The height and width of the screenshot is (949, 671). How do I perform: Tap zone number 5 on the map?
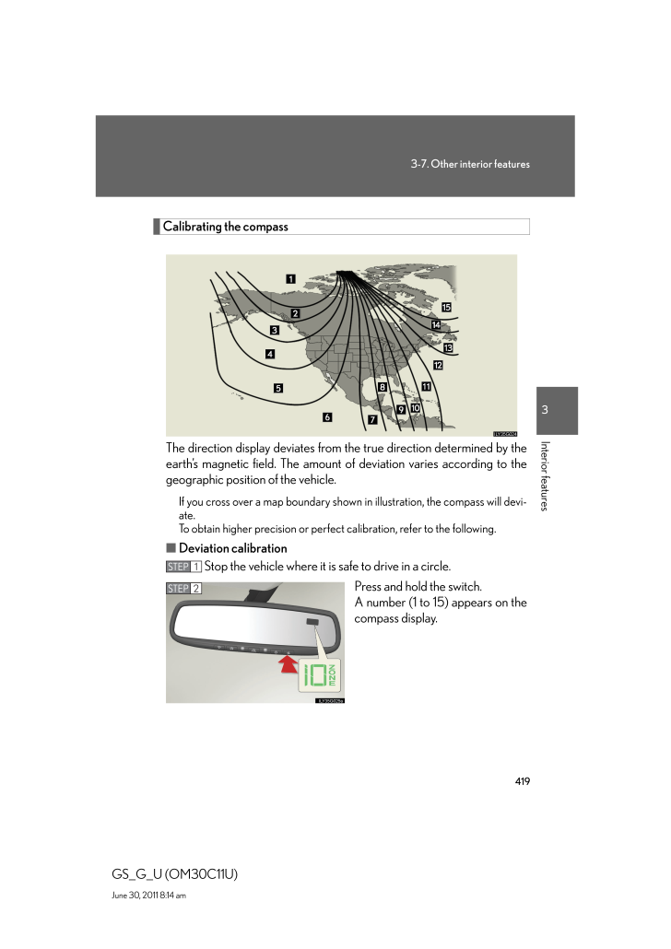point(278,388)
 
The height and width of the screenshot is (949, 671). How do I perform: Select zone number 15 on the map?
point(446,307)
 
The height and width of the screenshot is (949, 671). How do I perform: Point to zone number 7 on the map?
point(372,419)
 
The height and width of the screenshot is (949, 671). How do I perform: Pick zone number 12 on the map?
point(438,366)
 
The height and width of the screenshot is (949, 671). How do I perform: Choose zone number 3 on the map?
point(274,330)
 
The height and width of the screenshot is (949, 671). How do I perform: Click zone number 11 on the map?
point(426,386)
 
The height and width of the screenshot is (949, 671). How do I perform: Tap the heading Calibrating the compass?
point(226,227)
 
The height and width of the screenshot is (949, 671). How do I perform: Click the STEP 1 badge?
point(183,566)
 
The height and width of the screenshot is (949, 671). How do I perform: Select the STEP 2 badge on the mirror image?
point(183,588)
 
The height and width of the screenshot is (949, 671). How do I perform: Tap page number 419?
point(523,780)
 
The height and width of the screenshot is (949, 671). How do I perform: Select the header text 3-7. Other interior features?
point(470,164)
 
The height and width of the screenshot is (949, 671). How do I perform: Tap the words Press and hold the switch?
point(418,587)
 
